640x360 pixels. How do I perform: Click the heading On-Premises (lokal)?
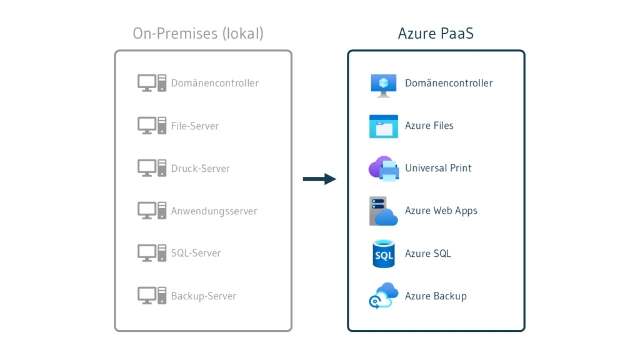[198, 33]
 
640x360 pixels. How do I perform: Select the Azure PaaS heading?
[436, 33]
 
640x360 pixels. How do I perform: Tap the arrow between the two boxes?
[319, 179]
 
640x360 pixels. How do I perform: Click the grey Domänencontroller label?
[214, 83]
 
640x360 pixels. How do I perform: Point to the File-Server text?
[195, 126]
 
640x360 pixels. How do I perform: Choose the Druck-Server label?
[200, 168]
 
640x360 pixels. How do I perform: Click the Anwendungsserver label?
[214, 211]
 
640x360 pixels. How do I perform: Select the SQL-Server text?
[196, 253]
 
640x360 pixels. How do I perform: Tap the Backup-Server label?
[203, 296]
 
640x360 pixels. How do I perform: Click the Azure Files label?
[429, 126]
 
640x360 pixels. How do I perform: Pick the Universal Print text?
[438, 168]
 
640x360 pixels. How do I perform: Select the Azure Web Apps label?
[441, 211]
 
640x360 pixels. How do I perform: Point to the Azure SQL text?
[427, 253]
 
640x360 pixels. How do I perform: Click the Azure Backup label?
[436, 296]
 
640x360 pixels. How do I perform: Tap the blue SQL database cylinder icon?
[383, 254]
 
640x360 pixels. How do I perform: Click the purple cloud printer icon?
[383, 168]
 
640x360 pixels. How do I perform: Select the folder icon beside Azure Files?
[383, 126]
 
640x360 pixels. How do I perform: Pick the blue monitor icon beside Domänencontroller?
[383, 84]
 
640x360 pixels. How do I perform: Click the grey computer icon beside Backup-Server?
[152, 295]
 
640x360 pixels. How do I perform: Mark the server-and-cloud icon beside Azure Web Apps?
[383, 211]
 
